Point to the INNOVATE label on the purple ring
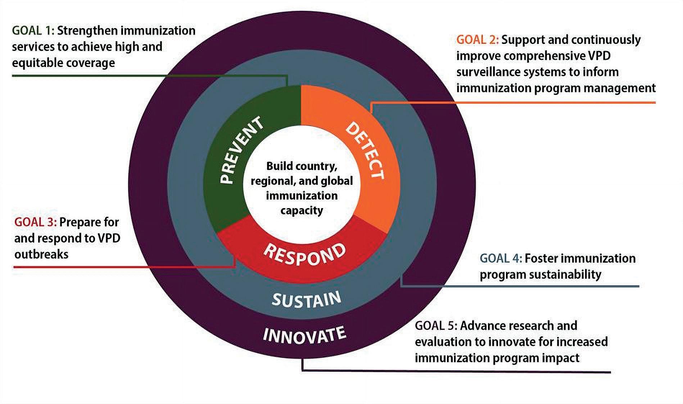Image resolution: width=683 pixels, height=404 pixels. click(x=304, y=335)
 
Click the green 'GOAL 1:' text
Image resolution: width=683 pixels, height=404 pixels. click(x=33, y=31)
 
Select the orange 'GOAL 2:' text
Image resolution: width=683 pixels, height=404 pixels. click(x=478, y=40)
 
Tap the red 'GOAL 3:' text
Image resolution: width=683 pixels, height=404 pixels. click(x=35, y=222)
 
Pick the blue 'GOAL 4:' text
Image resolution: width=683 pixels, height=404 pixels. click(x=501, y=258)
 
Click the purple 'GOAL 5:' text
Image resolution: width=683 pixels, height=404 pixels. click(x=436, y=326)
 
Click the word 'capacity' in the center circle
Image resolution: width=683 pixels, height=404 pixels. click(x=302, y=210)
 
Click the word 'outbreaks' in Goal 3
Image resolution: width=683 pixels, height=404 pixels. click(x=41, y=254)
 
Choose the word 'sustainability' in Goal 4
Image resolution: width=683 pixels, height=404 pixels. click(x=565, y=275)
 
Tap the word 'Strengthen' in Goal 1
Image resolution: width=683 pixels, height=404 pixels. click(x=87, y=31)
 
